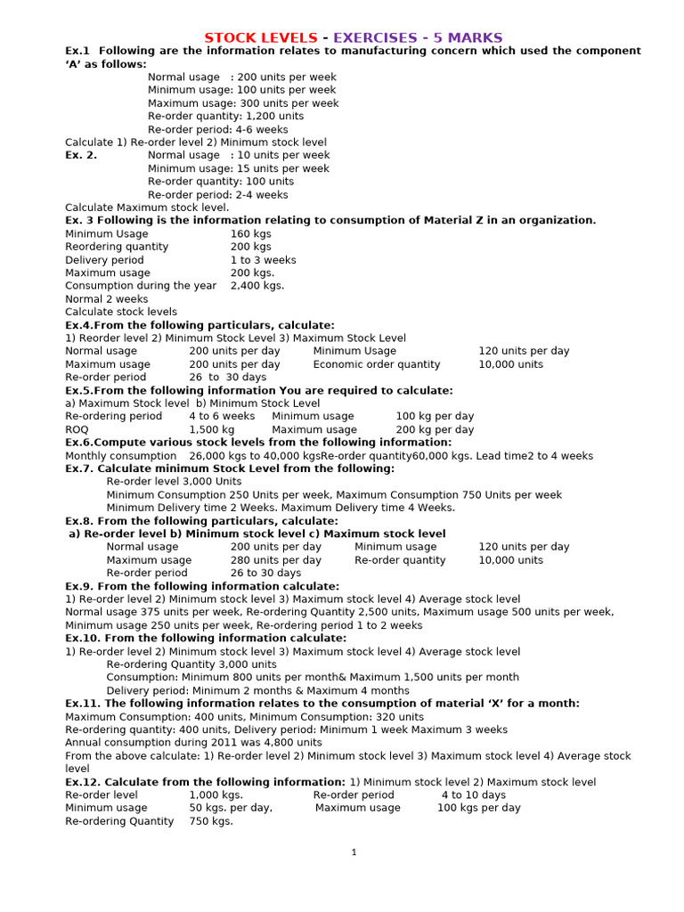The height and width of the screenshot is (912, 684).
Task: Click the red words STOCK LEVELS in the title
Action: tap(260, 37)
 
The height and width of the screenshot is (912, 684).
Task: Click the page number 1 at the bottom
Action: tap(354, 852)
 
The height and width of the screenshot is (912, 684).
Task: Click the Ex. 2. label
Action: tap(81, 155)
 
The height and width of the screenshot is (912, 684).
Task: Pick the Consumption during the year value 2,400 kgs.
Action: tap(257, 286)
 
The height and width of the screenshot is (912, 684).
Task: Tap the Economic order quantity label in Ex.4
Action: tap(377, 364)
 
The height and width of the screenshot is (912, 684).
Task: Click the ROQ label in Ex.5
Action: tap(77, 429)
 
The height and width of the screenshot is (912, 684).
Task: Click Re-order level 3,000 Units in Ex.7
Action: tap(174, 482)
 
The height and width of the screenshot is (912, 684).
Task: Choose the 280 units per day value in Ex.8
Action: tap(276, 560)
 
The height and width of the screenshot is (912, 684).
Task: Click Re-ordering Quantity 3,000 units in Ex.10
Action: tap(191, 664)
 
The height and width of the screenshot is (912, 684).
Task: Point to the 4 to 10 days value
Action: tap(473, 795)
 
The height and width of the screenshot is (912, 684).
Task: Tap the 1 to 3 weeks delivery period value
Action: tap(264, 260)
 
